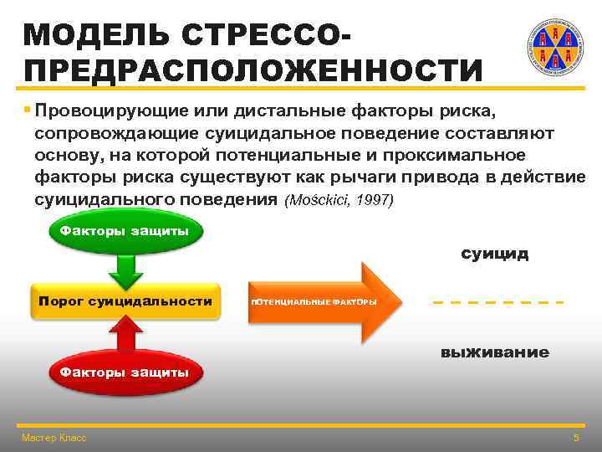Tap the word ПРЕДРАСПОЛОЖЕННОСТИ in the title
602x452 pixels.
(253, 70)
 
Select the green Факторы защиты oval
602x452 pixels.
(125, 230)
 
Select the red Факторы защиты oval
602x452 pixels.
(125, 372)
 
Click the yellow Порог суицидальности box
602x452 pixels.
(125, 301)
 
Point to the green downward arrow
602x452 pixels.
(125, 269)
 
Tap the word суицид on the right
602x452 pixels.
(494, 254)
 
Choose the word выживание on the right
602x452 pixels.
(494, 352)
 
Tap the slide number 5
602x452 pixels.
(575, 438)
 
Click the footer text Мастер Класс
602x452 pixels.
(54, 438)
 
